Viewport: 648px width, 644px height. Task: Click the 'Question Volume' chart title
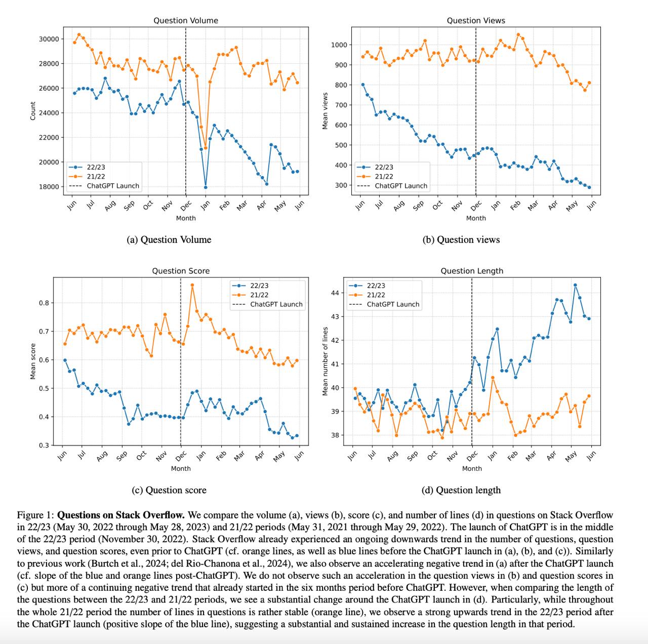point(186,21)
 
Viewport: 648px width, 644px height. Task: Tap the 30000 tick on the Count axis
point(50,39)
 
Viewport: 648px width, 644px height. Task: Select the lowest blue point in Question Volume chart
point(206,187)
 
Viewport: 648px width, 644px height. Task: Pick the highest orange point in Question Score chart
point(192,285)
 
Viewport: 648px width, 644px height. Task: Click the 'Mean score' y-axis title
point(33,361)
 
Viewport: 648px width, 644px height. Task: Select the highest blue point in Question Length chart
point(575,285)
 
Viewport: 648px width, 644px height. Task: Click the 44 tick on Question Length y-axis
point(335,293)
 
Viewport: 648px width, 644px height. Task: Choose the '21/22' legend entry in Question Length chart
point(376,295)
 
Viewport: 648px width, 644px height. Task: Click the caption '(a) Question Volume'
point(169,240)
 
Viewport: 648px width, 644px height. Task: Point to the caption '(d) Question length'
point(461,490)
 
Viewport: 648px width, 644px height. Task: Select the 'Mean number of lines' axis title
point(326,361)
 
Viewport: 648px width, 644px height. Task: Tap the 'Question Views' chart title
point(476,21)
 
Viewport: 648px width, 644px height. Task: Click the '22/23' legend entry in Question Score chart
point(259,286)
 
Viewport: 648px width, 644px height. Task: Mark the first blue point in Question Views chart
point(363,85)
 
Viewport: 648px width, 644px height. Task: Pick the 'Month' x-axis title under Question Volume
point(186,218)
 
